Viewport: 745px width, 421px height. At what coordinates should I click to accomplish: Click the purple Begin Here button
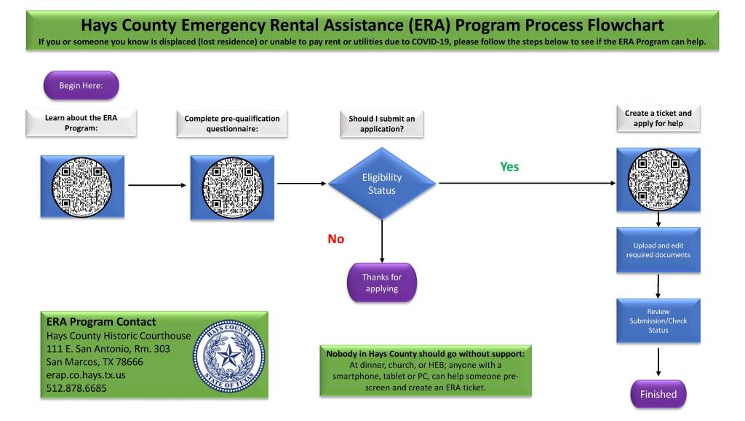tap(81, 85)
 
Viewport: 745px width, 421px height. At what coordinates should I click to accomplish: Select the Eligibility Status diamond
tap(382, 184)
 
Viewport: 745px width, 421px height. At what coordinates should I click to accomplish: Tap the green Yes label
tap(509, 167)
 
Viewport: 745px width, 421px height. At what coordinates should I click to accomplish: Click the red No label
tap(335, 239)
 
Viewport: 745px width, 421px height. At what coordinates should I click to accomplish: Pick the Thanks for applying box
tap(382, 283)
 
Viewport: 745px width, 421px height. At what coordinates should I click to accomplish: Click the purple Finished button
tap(658, 394)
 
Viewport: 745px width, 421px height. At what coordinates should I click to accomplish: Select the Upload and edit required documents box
tap(658, 251)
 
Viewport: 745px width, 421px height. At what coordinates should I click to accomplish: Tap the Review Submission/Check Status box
tap(658, 320)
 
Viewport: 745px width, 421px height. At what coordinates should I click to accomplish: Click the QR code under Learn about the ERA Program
tap(81, 186)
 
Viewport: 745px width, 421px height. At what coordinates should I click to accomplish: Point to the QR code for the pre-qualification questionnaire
tap(232, 186)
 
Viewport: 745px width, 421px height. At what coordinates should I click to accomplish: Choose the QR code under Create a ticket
tap(658, 180)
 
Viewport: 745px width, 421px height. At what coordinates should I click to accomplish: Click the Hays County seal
tap(228, 355)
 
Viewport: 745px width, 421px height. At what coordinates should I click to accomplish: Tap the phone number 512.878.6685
tap(76, 388)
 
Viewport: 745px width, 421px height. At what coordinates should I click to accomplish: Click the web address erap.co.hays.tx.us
tap(86, 375)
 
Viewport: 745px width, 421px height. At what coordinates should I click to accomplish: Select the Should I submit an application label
tap(382, 124)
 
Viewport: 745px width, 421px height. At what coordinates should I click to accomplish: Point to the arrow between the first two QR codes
tap(156, 185)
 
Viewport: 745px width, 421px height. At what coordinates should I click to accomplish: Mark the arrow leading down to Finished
tap(658, 362)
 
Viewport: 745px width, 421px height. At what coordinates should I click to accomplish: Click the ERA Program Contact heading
tap(101, 322)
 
